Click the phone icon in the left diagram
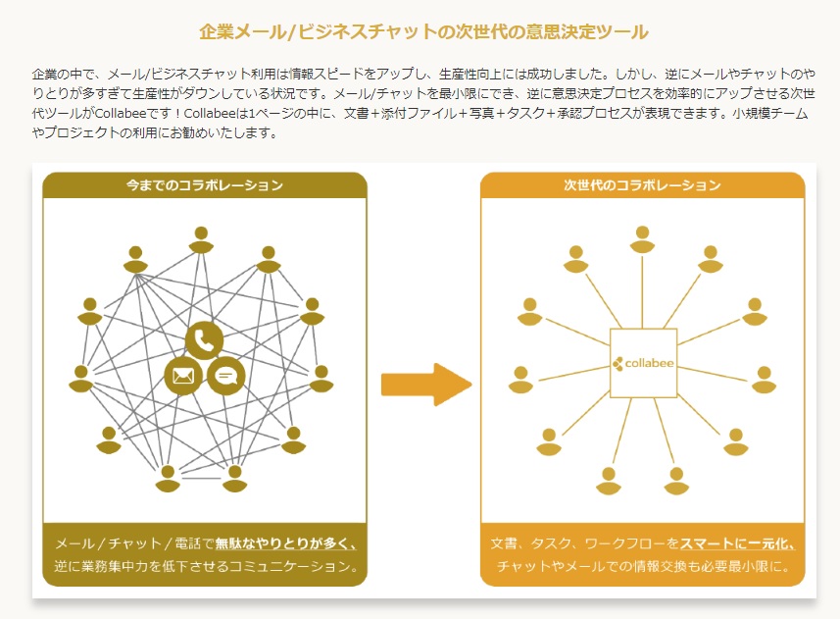click(x=204, y=340)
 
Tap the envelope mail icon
click(x=183, y=376)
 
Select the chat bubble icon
click(x=226, y=376)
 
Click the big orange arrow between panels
click(x=426, y=385)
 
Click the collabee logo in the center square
click(x=643, y=363)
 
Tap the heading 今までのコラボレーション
click(x=205, y=185)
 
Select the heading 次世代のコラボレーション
click(x=642, y=185)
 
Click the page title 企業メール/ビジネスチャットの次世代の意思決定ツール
click(x=423, y=32)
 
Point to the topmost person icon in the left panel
click(x=202, y=239)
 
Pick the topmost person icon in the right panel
click(x=642, y=239)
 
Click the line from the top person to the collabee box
click(x=642, y=291)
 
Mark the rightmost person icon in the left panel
click(x=321, y=379)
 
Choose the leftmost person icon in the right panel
click(x=520, y=380)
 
